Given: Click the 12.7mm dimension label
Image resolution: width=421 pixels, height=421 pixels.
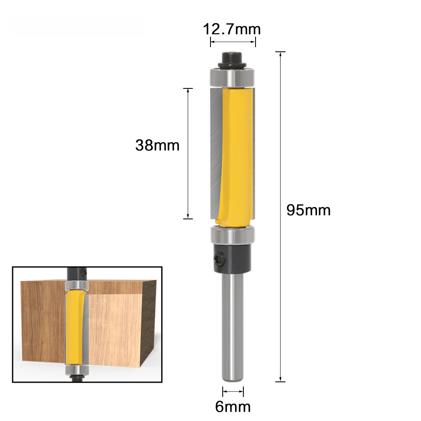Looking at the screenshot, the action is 232,29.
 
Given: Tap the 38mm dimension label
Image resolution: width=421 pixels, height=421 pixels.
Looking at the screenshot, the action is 157,145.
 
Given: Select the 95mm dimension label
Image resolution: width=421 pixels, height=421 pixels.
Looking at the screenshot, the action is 309,210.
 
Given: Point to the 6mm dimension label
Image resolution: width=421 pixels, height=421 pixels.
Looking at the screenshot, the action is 233,407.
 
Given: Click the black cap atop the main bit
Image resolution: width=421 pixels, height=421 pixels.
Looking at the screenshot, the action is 232,60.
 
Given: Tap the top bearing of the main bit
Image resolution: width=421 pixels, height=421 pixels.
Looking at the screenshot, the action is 232,77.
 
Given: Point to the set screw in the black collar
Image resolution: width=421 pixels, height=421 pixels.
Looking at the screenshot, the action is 218,258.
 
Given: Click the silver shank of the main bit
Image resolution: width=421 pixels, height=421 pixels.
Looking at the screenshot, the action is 232,327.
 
